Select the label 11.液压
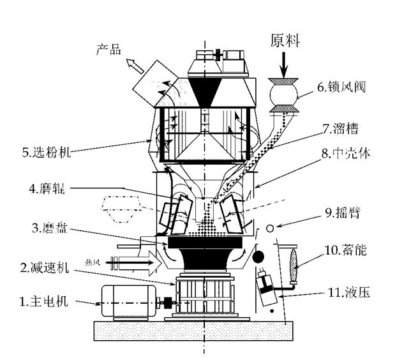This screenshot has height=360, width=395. tap(348, 294)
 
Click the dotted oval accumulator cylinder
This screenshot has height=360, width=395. tap(294, 262)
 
